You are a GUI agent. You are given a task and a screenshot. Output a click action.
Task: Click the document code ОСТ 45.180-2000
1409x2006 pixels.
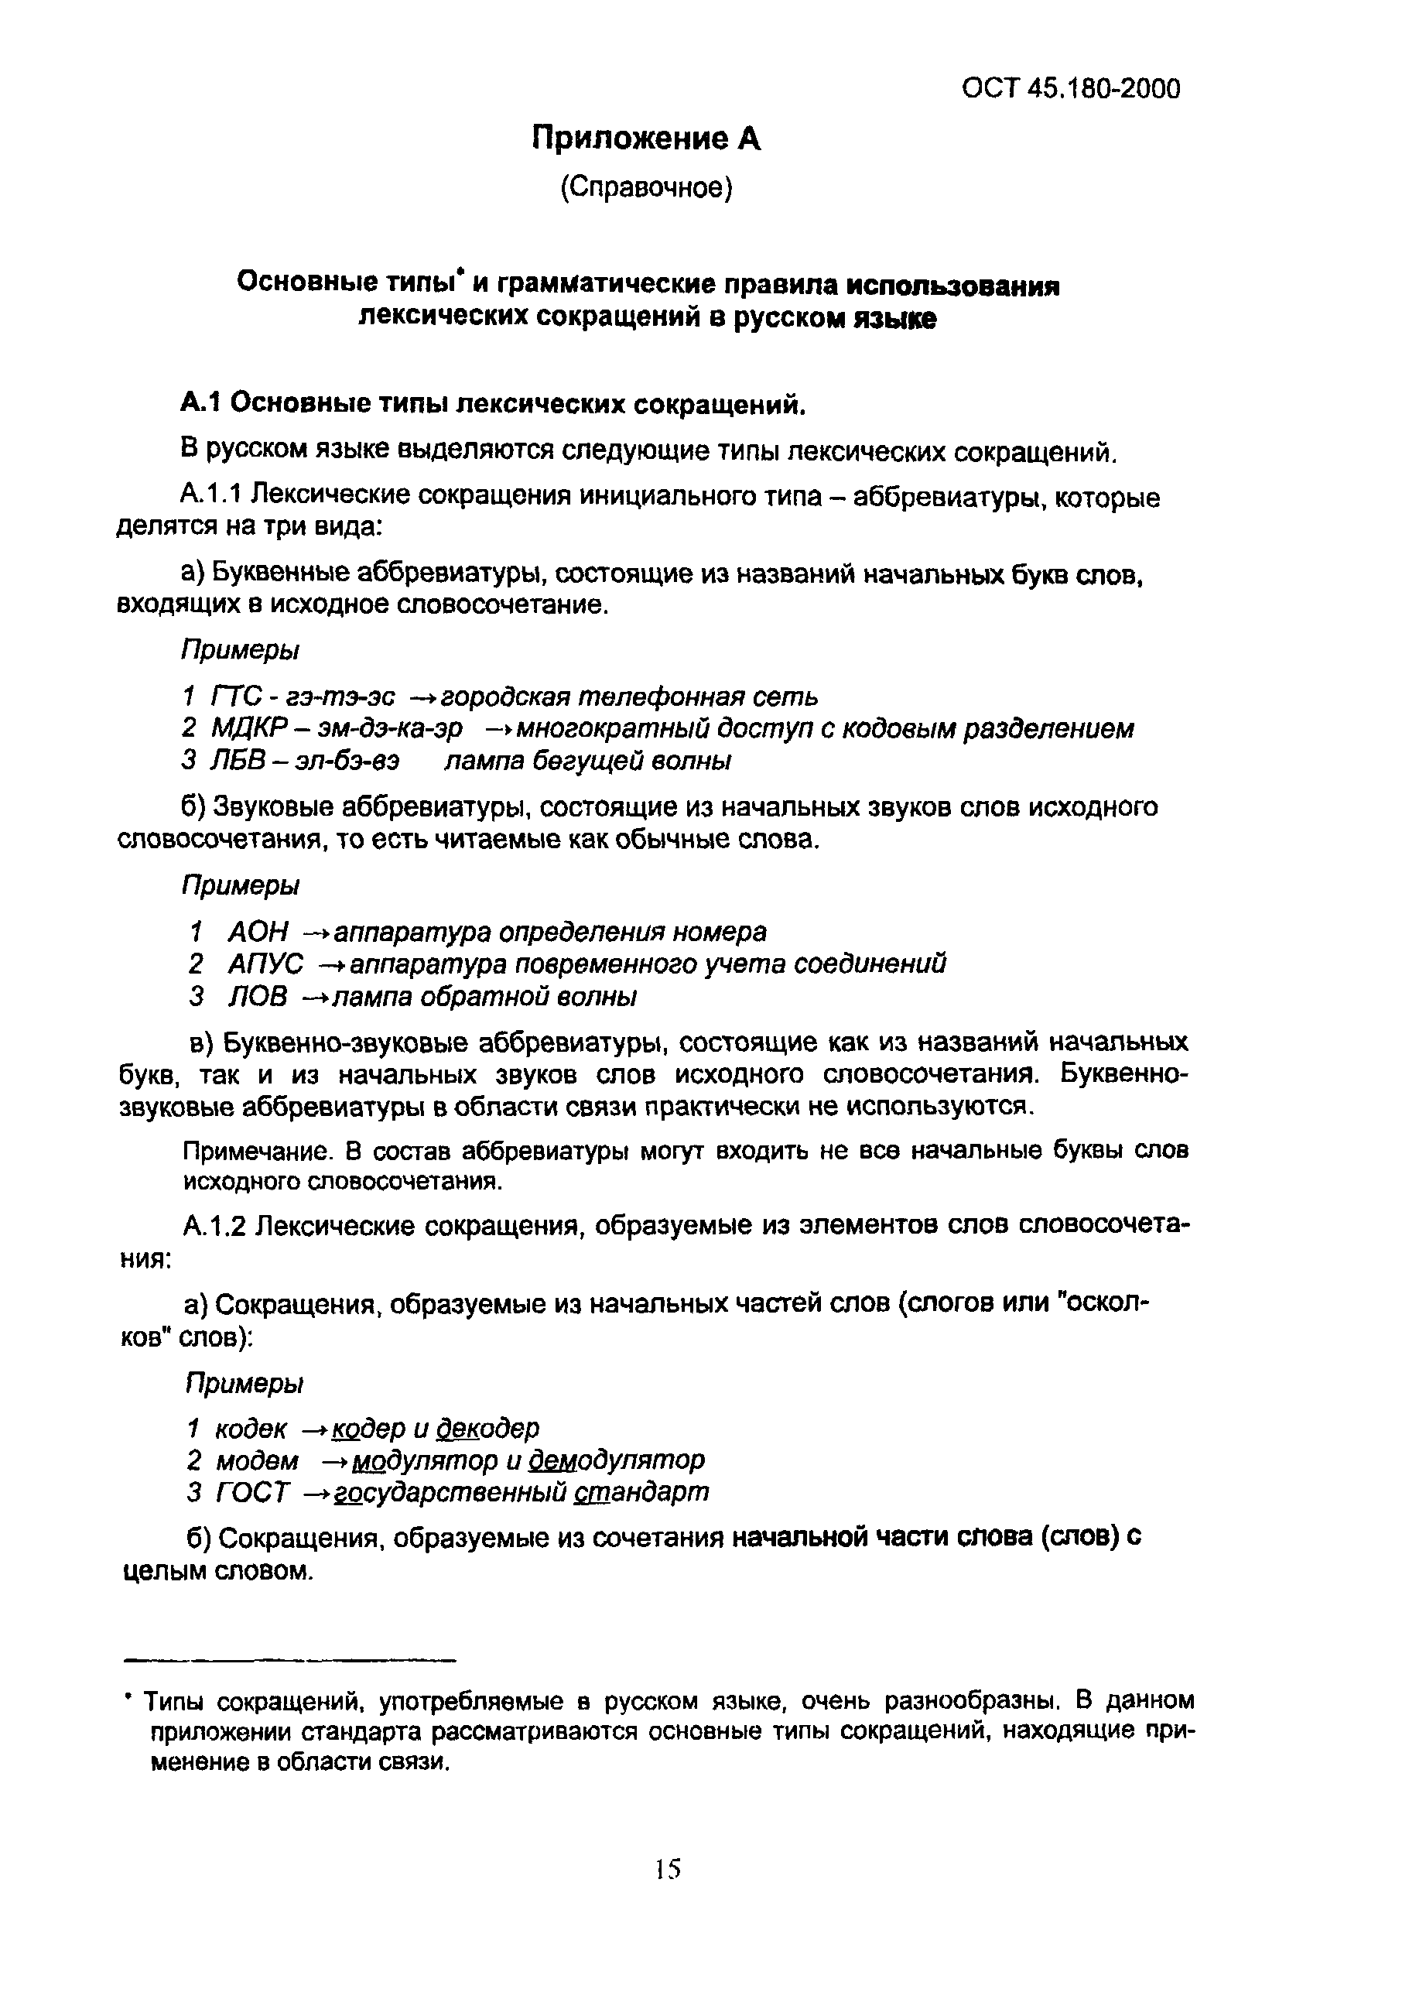coord(1070,88)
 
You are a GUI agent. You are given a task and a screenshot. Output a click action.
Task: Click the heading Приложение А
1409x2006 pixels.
coord(646,139)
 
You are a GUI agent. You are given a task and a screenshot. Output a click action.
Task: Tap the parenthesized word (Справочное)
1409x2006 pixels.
coord(645,188)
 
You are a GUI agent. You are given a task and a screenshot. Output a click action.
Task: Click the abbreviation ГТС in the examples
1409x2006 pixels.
coord(236,697)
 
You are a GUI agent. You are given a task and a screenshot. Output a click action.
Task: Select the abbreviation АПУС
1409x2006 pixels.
coord(265,964)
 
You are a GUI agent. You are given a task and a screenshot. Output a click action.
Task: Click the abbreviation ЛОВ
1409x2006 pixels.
coord(257,997)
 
